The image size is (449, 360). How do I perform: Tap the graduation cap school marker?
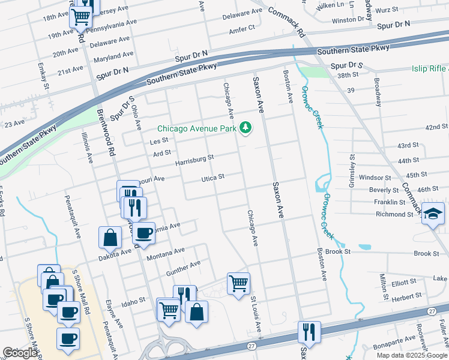click(x=432, y=214)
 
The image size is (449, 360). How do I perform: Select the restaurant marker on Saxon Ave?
click(x=309, y=331)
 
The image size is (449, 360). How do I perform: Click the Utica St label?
click(x=212, y=178)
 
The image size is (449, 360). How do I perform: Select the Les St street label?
click(x=158, y=141)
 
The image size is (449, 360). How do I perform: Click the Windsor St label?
click(x=374, y=178)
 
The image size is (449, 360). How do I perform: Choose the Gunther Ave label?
click(x=183, y=265)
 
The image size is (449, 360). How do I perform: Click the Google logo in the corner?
click(x=20, y=353)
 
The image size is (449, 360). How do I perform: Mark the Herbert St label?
click(x=406, y=296)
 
